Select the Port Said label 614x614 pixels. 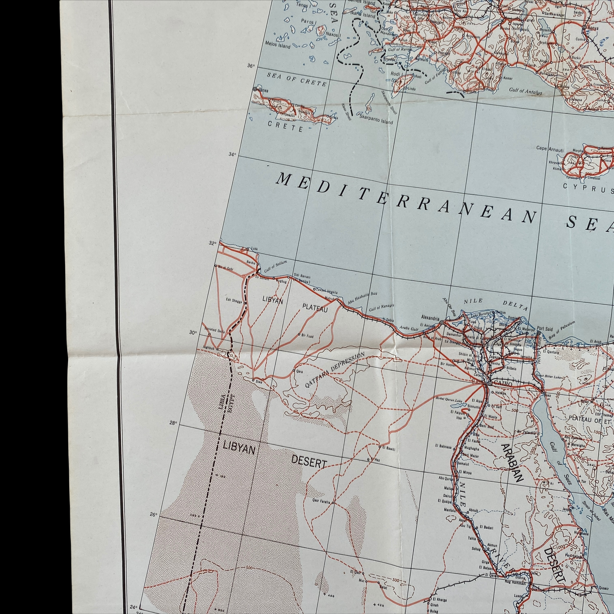(x=544, y=328)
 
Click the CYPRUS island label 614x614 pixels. (x=588, y=188)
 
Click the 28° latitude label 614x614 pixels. (x=173, y=423)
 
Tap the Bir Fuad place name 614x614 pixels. (x=307, y=336)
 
